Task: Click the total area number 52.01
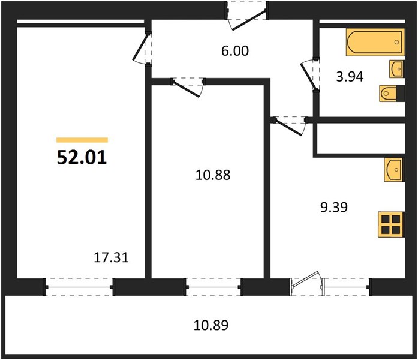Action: [x=82, y=157]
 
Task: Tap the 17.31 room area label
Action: [x=112, y=257]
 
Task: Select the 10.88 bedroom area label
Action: [x=213, y=175]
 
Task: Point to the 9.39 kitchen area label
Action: [x=334, y=207]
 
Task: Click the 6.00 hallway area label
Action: [x=235, y=50]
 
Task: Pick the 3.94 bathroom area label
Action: [x=350, y=77]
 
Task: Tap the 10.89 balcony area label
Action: [x=211, y=325]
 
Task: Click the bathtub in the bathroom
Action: [x=375, y=42]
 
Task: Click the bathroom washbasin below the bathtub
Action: [x=396, y=69]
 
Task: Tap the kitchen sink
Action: [x=394, y=170]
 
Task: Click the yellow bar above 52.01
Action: [x=82, y=140]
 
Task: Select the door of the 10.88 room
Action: [x=188, y=88]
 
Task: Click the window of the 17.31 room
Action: [x=79, y=287]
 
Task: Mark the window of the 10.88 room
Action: [x=213, y=287]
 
